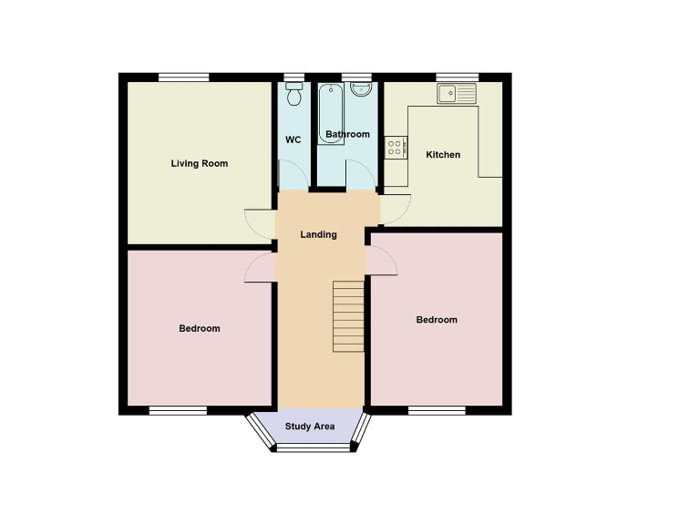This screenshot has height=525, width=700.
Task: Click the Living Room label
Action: pyautogui.click(x=200, y=164)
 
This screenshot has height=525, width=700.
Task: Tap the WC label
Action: pyautogui.click(x=293, y=139)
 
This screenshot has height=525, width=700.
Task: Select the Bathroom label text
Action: pyautogui.click(x=348, y=135)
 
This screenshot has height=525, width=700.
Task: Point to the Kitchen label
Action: pyautogui.click(x=443, y=155)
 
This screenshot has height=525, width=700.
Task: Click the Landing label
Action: pyautogui.click(x=319, y=234)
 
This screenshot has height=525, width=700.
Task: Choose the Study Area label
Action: pyautogui.click(x=310, y=426)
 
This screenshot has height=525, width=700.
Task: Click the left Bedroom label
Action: pyautogui.click(x=199, y=328)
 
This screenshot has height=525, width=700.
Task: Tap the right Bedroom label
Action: pyautogui.click(x=437, y=320)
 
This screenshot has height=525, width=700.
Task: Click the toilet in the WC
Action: pyautogui.click(x=293, y=94)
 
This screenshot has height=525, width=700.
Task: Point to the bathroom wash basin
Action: pyautogui.click(x=362, y=89)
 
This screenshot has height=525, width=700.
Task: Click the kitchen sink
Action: pyautogui.click(x=457, y=93)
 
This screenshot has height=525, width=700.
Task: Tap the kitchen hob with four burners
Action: pyautogui.click(x=396, y=148)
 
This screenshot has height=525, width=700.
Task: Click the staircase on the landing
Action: pyautogui.click(x=348, y=316)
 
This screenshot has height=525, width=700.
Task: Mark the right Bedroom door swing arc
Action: pyautogui.click(x=384, y=260)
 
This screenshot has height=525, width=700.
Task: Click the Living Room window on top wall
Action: pyautogui.click(x=183, y=77)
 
